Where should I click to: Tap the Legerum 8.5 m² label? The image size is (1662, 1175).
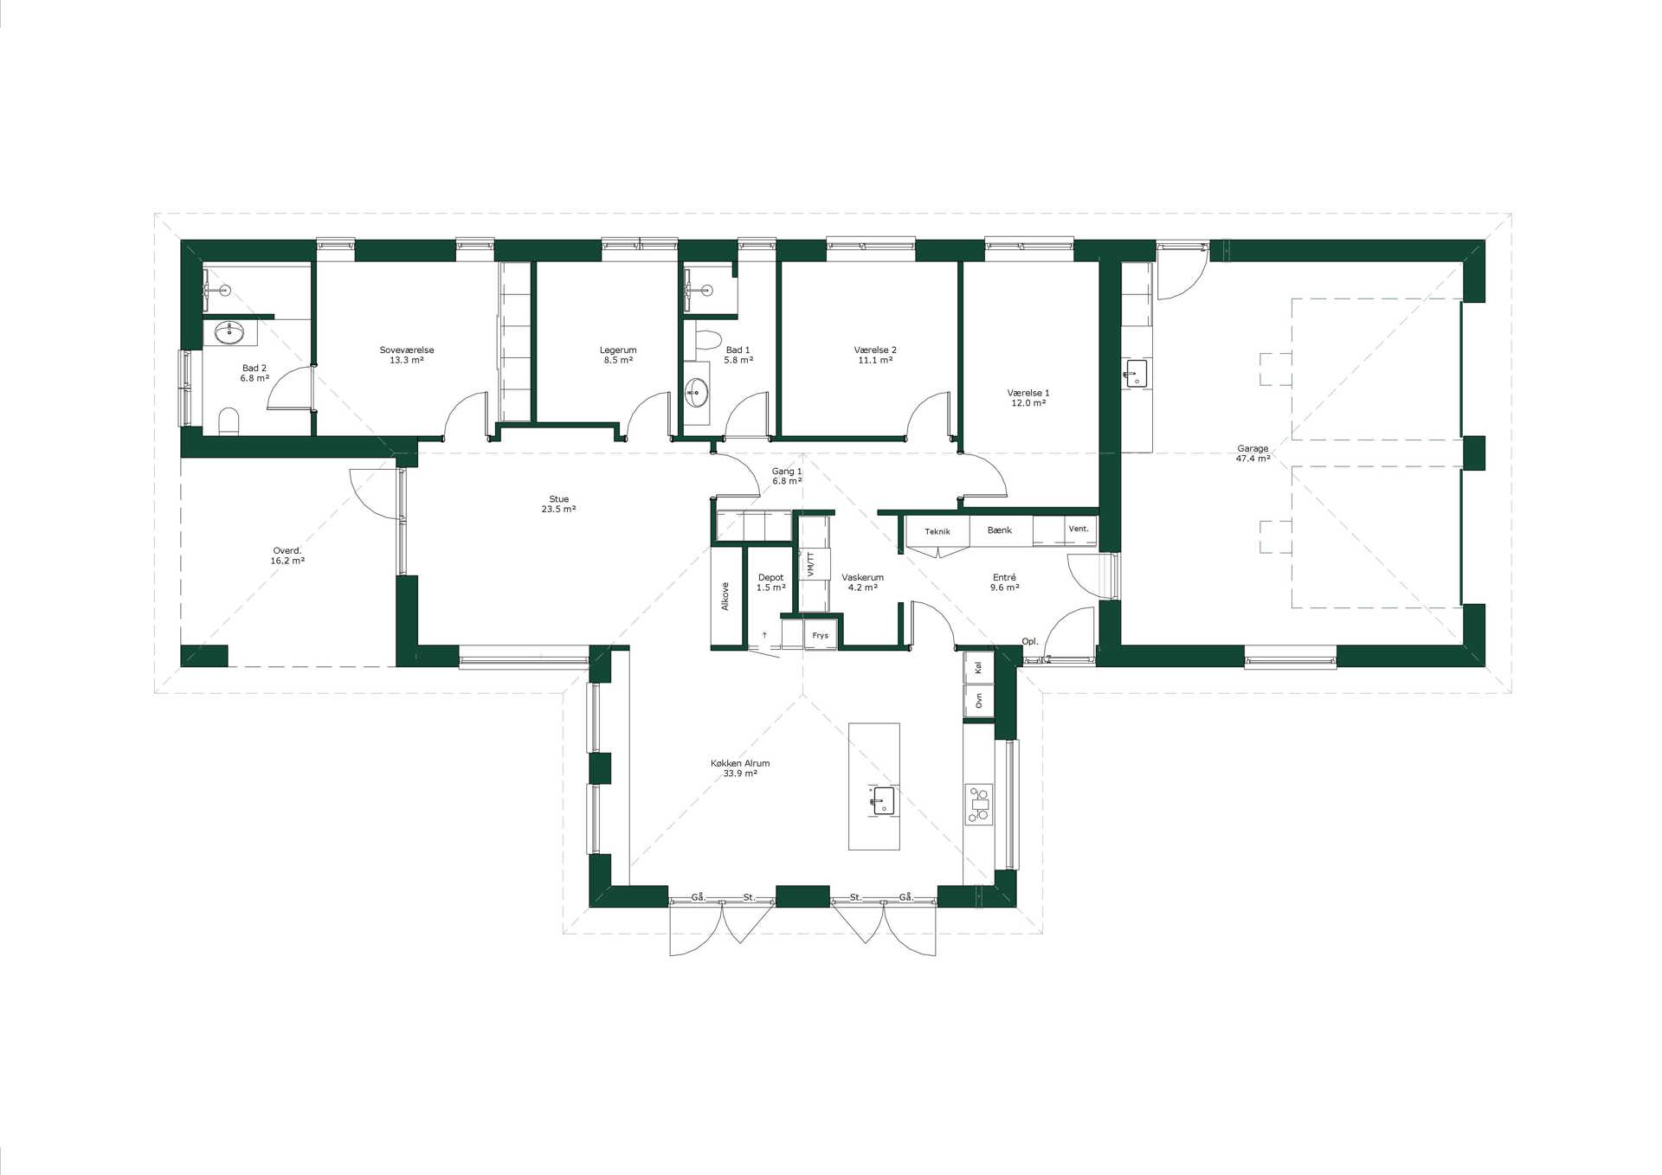tap(618, 355)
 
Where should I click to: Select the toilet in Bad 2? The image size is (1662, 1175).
tap(229, 421)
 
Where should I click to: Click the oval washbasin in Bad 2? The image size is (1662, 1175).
tap(229, 331)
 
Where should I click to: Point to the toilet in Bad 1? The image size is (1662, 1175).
tap(707, 339)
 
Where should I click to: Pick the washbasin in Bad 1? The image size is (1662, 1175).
tap(696, 393)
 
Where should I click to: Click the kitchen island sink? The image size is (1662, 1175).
tap(882, 800)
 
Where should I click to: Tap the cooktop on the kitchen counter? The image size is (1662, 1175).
tap(979, 804)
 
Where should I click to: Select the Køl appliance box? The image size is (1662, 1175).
tap(979, 667)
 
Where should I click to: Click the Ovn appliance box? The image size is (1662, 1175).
tap(979, 700)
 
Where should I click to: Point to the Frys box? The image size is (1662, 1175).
tap(821, 635)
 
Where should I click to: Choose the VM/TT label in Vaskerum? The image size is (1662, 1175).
tap(811, 565)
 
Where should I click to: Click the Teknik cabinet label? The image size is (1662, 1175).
tap(937, 531)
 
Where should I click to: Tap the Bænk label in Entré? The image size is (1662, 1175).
tap(1000, 530)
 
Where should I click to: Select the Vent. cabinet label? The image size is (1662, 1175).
tap(1079, 529)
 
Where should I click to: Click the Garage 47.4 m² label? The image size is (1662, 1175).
tap(1253, 453)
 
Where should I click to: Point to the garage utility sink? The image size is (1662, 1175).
tap(1135, 374)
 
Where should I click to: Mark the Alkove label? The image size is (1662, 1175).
tap(725, 596)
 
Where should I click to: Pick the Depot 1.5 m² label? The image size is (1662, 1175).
tap(770, 582)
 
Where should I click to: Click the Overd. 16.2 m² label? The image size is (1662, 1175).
tap(287, 555)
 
